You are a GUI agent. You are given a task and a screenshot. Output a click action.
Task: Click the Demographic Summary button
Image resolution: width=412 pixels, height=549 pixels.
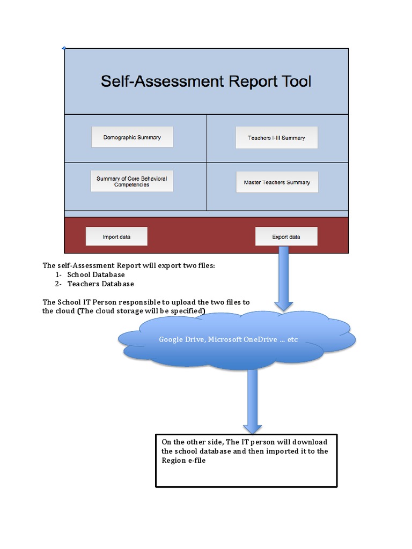(x=132, y=137)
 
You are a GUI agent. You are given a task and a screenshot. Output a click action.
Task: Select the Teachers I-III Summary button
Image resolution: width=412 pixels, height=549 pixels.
(x=276, y=138)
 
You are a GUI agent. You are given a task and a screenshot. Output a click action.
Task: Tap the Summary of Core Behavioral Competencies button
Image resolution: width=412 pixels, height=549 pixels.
(x=132, y=181)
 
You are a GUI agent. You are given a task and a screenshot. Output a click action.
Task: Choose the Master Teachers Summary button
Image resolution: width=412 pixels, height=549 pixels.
(x=277, y=182)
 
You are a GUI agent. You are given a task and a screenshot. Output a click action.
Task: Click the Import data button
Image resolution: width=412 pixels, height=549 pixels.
(x=116, y=236)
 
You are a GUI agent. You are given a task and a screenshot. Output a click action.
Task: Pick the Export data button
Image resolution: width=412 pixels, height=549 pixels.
(x=286, y=236)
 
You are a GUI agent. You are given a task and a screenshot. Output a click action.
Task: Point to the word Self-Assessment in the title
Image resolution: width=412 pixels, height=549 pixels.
(x=162, y=81)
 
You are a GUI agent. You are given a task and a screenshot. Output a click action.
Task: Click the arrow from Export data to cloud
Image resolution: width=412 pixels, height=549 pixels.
(x=283, y=279)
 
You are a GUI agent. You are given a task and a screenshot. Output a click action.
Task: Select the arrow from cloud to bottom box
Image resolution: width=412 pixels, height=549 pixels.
(x=252, y=402)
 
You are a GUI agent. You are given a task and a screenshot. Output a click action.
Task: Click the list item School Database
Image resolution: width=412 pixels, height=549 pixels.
(x=96, y=274)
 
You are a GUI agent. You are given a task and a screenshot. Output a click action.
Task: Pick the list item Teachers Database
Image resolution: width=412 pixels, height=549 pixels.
(x=100, y=284)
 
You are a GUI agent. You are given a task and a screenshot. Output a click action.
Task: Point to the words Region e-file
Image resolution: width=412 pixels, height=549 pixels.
(x=183, y=460)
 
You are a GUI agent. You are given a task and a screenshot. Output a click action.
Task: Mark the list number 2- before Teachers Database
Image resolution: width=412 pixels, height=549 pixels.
(x=58, y=284)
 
